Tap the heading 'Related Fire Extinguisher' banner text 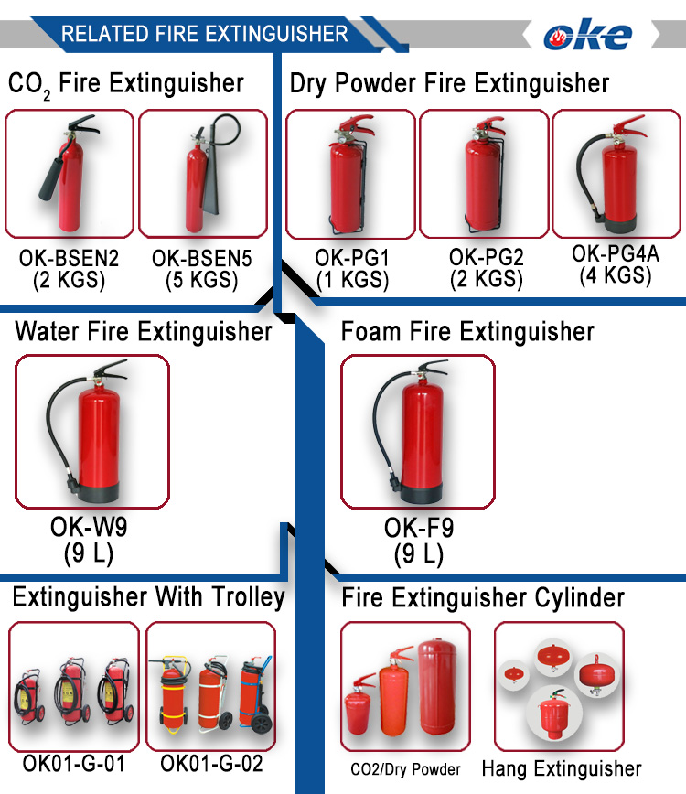pos(204,35)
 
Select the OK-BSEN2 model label pos(70,259)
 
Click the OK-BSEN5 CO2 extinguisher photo pos(202,174)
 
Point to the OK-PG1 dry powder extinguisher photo pos(351,175)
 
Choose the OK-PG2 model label pos(487,258)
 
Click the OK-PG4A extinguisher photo pos(617,174)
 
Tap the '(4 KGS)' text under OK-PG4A pos(616,274)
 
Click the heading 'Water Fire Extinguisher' pos(144,331)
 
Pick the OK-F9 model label pos(419,529)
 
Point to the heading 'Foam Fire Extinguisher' pos(467,331)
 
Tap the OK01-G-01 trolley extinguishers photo pos(73,687)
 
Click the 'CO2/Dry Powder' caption pos(405,769)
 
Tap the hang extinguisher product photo pos(559,687)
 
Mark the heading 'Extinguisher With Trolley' pos(148,598)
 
